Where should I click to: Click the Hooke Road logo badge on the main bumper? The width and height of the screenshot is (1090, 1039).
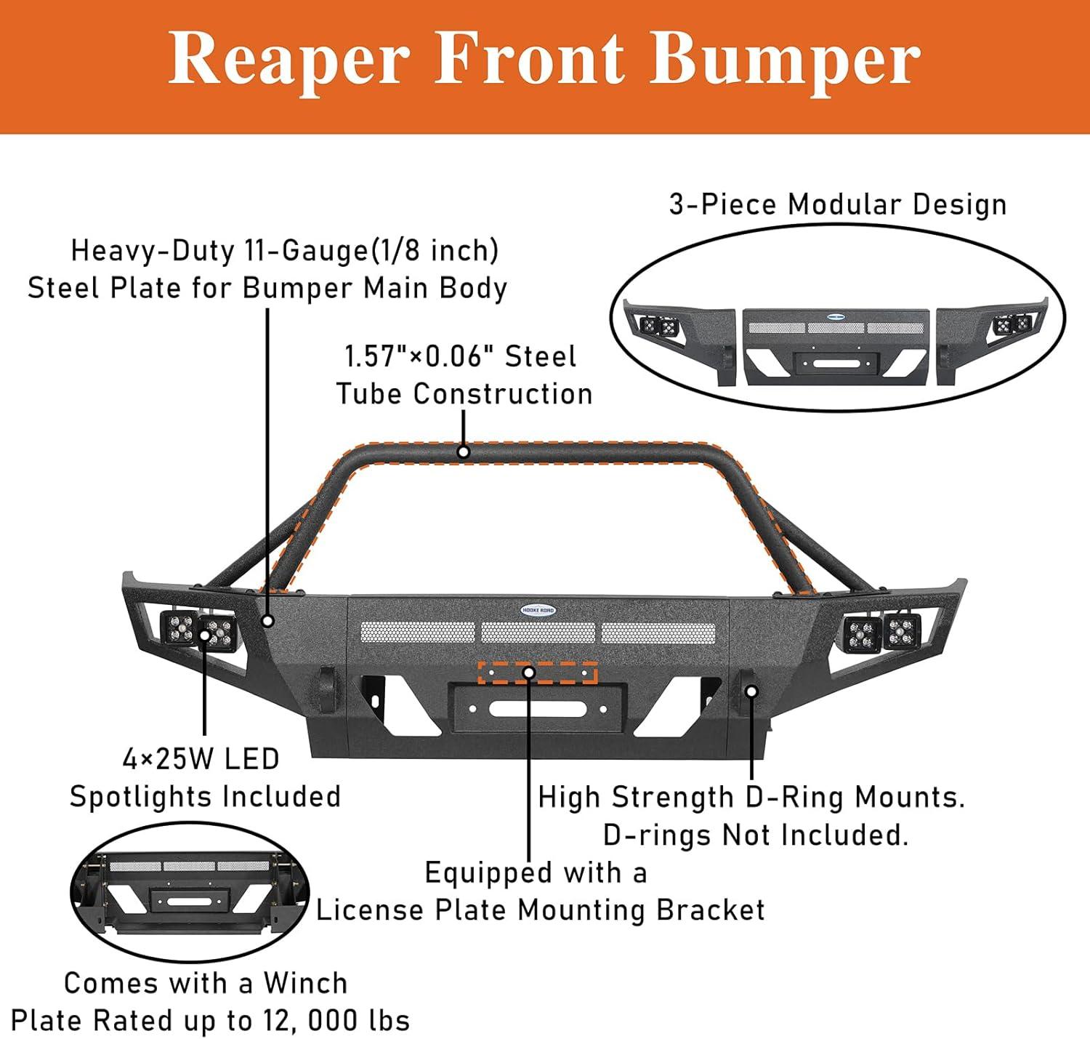pos(537,610)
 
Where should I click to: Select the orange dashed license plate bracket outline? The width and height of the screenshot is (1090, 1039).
pos(537,673)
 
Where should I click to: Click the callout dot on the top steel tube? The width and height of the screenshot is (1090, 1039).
pos(464,452)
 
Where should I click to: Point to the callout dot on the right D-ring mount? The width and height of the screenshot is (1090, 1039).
pos(752,691)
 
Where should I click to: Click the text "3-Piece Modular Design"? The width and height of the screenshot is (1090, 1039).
pos(838,205)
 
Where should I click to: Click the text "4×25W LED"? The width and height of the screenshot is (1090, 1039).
pos(201,759)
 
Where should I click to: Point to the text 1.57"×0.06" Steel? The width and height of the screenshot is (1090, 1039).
pos(460,356)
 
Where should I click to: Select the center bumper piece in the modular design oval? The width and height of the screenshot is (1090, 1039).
pos(836,348)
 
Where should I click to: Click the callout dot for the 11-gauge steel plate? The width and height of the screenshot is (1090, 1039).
pos(268,620)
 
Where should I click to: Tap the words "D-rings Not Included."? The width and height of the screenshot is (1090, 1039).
pos(756,835)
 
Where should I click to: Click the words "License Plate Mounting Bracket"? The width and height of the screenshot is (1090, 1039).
pos(541,910)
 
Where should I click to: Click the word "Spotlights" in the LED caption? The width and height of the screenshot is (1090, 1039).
pos(142,797)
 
